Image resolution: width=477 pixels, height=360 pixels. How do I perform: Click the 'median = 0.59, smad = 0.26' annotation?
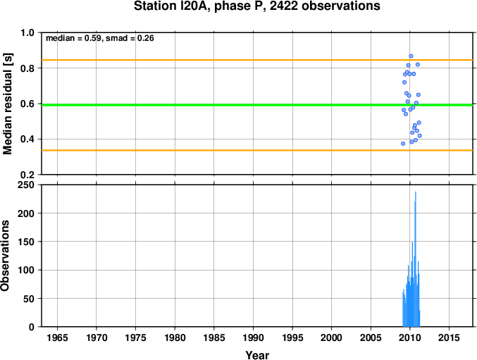click(x=100, y=38)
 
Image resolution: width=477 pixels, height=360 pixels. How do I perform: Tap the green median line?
click(x=257, y=105)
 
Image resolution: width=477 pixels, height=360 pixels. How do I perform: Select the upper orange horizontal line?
click(x=257, y=60)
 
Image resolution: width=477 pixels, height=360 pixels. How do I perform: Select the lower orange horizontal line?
click(x=257, y=150)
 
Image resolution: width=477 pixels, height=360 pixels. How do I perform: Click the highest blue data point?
click(x=411, y=56)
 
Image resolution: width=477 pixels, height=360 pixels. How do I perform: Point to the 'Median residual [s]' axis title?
click(x=7, y=104)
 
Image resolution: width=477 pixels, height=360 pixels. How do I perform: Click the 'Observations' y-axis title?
click(x=5, y=256)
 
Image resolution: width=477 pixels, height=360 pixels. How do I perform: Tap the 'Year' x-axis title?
click(x=257, y=355)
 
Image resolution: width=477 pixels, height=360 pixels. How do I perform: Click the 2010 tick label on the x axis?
click(x=410, y=337)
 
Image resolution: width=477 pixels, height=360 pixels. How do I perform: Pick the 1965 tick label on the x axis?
click(x=57, y=337)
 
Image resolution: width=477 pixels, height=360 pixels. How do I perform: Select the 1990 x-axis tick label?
click(x=253, y=337)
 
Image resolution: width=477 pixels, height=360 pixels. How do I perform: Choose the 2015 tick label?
click(x=449, y=337)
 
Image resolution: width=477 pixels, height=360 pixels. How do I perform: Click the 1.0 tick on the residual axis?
click(x=27, y=32)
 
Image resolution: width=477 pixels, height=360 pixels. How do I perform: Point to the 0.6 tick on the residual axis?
click(x=27, y=104)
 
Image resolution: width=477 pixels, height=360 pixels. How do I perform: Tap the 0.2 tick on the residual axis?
click(x=27, y=175)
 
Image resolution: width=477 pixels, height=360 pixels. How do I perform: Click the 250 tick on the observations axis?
click(x=26, y=185)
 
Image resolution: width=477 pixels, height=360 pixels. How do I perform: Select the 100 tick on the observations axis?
click(x=26, y=270)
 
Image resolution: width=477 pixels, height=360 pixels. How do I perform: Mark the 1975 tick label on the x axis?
click(x=136, y=337)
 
